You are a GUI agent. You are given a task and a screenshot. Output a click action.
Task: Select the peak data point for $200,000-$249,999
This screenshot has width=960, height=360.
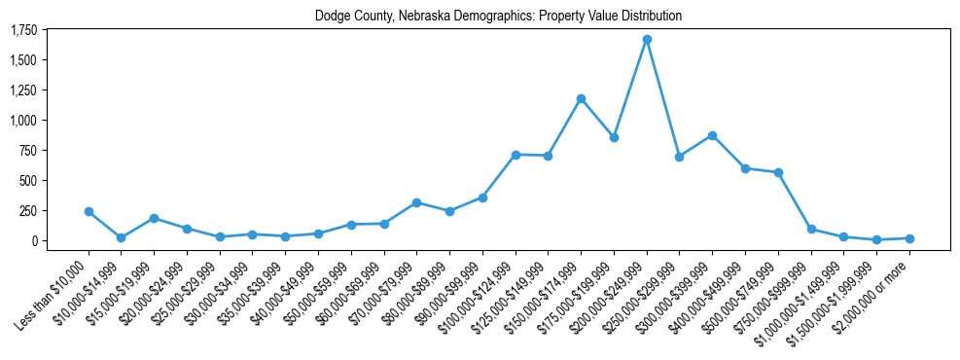point(647,40)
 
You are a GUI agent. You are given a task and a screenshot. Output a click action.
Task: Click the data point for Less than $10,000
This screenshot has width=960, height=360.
point(89,211)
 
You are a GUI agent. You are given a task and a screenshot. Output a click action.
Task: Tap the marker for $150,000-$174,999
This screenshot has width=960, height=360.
point(581,98)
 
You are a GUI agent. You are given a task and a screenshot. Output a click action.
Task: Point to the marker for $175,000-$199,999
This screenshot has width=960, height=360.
point(614,138)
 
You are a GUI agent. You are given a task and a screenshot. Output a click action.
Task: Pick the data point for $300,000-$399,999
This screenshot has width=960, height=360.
point(712,135)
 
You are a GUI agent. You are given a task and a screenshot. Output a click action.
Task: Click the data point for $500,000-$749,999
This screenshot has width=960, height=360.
point(778,172)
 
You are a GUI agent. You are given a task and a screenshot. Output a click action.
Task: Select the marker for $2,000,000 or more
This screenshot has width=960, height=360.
point(909,238)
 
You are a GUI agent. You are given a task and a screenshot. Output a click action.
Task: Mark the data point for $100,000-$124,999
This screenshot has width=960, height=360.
point(516,155)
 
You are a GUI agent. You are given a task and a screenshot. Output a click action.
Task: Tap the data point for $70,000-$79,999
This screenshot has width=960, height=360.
point(416,202)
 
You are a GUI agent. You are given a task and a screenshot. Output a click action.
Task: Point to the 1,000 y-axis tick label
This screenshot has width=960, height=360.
point(22,121)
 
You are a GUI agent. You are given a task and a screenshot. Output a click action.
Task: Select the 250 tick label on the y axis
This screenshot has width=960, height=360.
point(29,210)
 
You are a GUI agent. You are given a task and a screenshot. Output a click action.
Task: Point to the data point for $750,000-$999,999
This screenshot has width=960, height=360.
point(811,230)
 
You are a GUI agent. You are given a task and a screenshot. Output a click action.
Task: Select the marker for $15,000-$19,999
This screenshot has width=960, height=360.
point(154,218)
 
